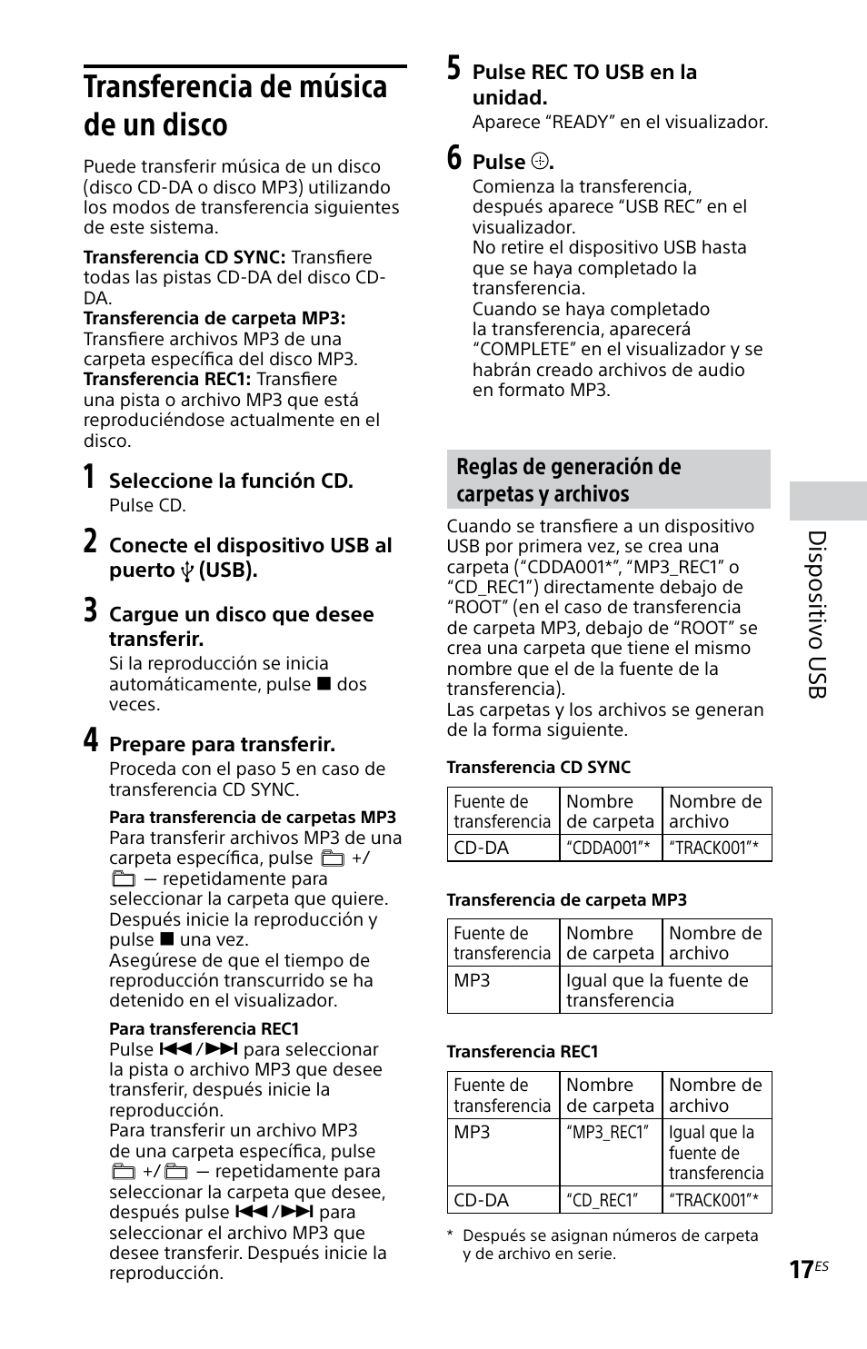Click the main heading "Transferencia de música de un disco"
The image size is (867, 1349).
pos(235,105)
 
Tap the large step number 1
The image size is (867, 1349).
pos(89,479)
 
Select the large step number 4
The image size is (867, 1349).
pos(91,741)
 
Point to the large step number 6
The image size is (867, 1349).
pos(453,159)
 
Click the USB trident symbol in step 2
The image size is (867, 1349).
pos(188,571)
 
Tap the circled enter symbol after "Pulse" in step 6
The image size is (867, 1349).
pos(539,163)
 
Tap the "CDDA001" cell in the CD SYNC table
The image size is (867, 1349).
pos(609,848)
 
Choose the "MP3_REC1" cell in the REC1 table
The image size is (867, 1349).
pos(609,1133)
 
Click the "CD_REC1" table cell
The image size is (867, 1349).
pos(603,1200)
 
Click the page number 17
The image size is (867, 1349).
pos(801,1269)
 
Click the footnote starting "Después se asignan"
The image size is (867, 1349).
pos(609,1245)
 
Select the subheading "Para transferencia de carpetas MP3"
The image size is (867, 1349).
pos(253,818)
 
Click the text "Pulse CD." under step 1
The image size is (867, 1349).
pos(147,505)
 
